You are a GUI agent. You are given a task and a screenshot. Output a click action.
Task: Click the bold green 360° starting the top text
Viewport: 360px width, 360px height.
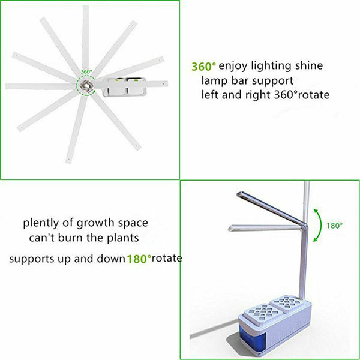[204, 66]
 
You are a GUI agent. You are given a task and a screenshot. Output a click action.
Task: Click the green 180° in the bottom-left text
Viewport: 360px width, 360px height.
[137, 259]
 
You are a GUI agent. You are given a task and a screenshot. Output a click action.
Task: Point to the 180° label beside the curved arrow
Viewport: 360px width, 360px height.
[334, 226]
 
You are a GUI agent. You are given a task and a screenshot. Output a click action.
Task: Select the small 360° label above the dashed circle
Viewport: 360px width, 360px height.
[86, 71]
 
